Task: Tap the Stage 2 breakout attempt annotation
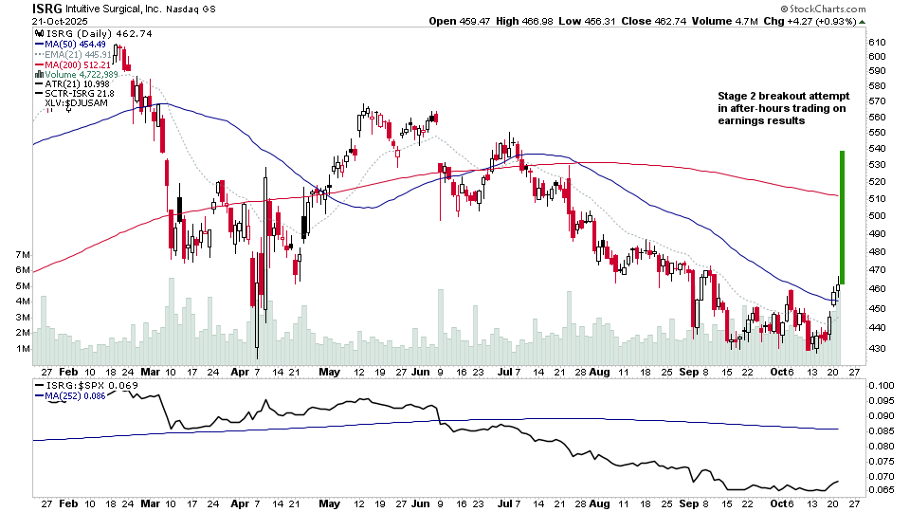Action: [784, 109]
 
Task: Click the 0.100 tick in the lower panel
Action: [881, 386]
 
